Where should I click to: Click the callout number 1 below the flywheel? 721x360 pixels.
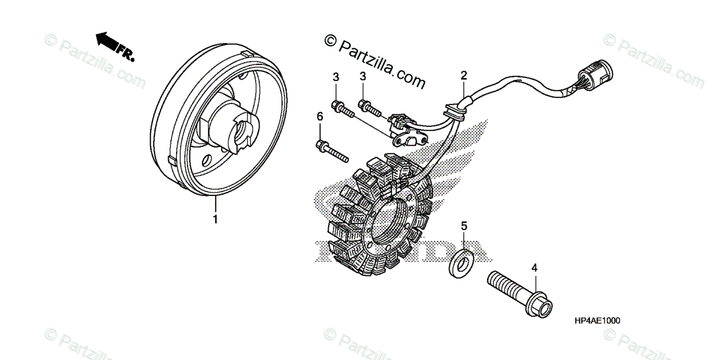(x=214, y=219)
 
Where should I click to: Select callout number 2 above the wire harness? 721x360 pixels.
(x=464, y=75)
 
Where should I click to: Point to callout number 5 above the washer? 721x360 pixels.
(x=464, y=226)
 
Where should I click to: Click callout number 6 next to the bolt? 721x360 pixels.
(x=320, y=115)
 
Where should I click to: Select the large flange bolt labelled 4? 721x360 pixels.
(x=520, y=293)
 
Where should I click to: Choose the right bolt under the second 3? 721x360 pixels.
(x=385, y=109)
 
